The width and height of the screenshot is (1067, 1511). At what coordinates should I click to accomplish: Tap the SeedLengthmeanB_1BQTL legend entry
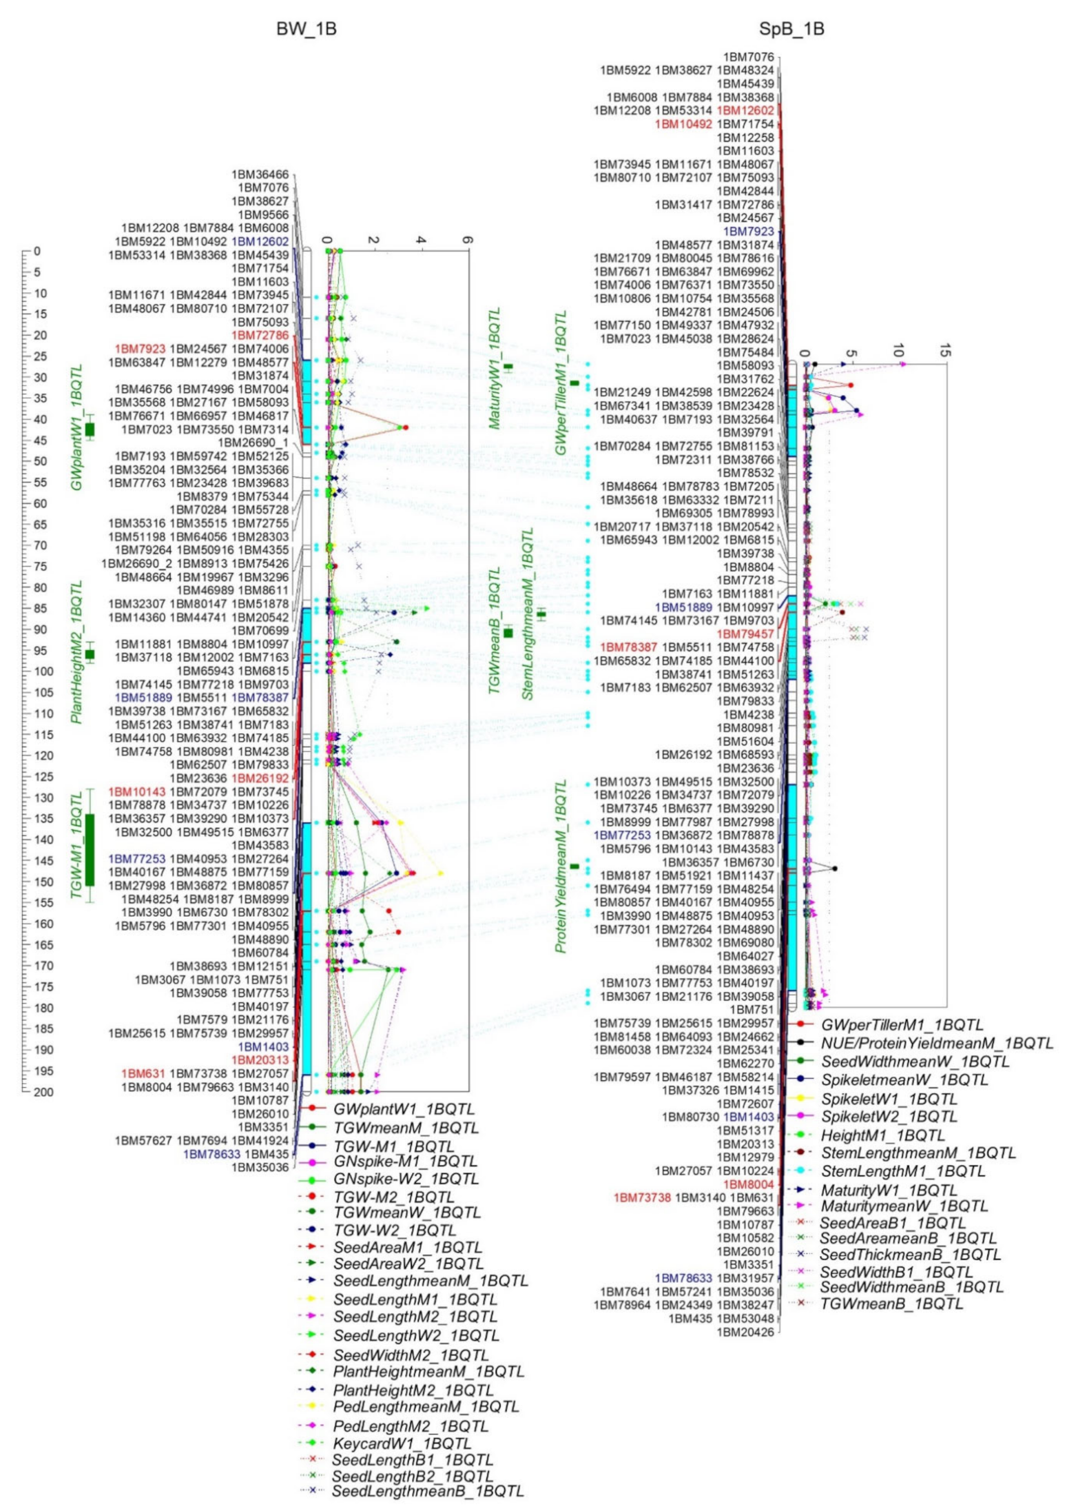[x=428, y=1491]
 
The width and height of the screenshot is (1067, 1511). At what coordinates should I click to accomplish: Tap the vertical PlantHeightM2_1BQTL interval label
[x=77, y=651]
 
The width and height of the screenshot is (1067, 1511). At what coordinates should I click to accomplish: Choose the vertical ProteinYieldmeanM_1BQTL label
[x=562, y=867]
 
